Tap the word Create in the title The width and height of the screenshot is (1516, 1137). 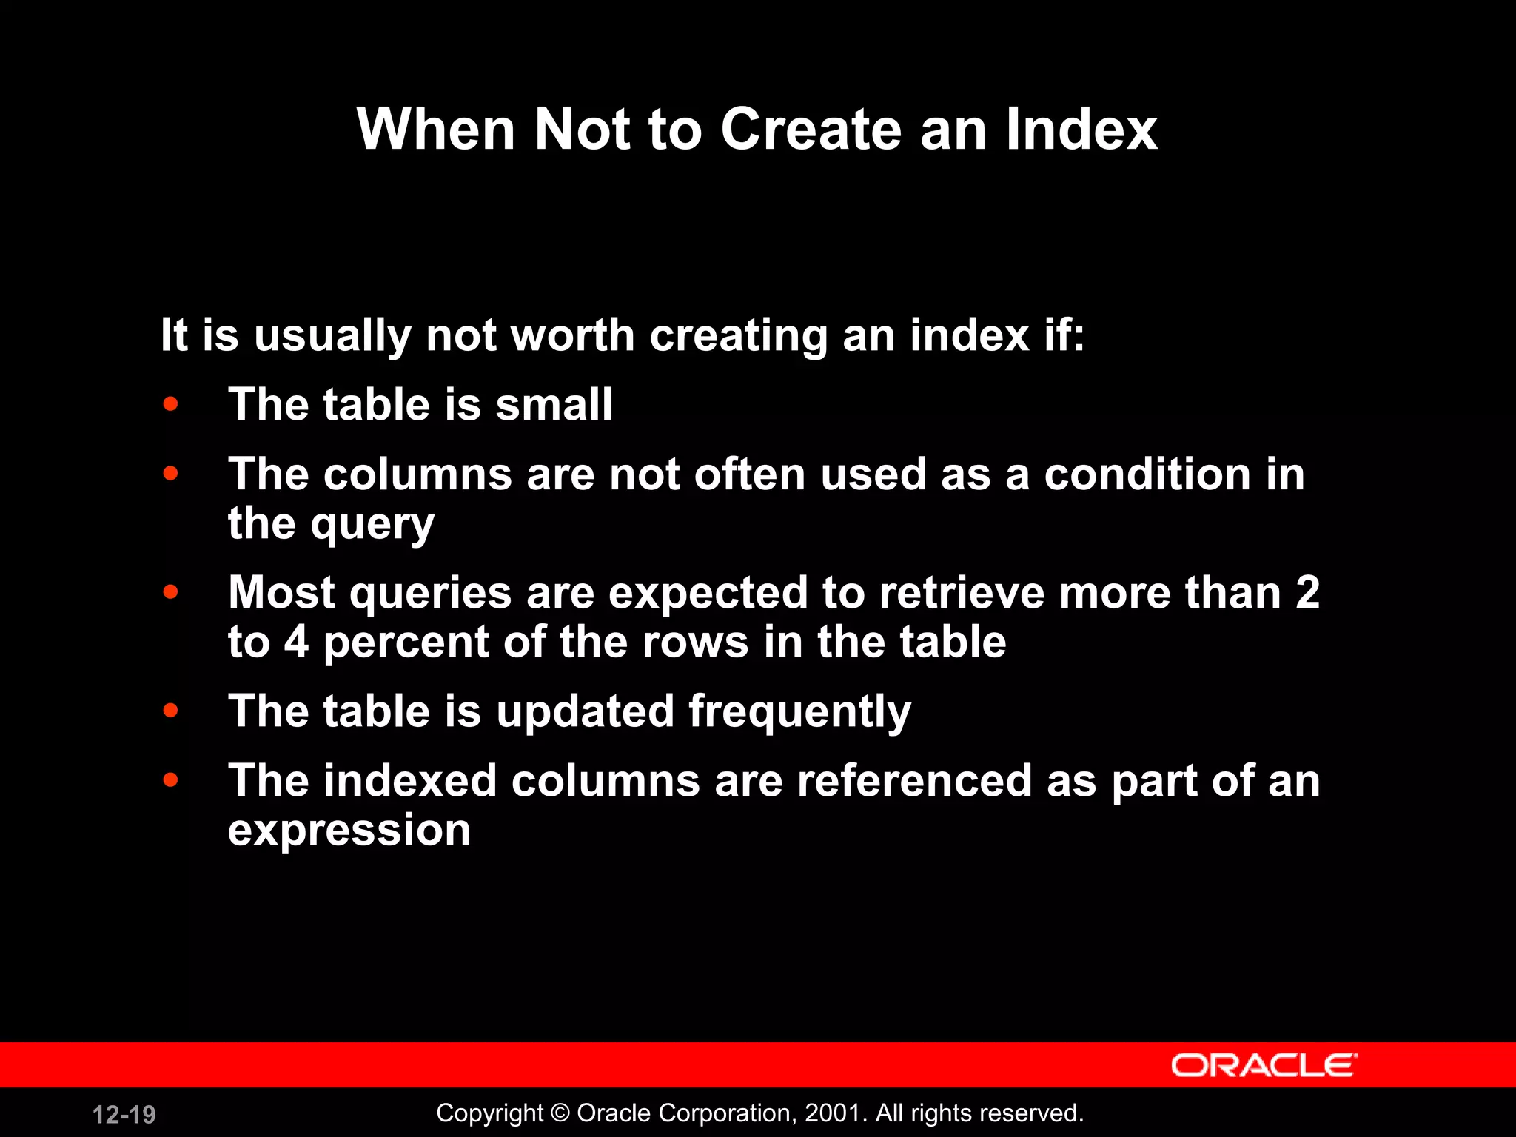(x=811, y=130)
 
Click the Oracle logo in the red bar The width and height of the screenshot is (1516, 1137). (x=1264, y=1065)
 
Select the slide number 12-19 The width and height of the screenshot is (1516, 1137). (x=124, y=1114)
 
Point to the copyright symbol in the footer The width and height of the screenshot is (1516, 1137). (x=560, y=1113)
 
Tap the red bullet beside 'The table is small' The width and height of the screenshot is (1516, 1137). (x=171, y=404)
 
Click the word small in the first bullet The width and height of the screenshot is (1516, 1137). (x=554, y=405)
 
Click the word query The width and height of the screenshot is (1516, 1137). (x=372, y=526)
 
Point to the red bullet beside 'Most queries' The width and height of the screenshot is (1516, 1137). (x=171, y=592)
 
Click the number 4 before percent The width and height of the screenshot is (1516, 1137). (x=296, y=642)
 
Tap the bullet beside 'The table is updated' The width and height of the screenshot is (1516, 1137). (x=171, y=711)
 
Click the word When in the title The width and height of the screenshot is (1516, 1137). (x=435, y=130)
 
